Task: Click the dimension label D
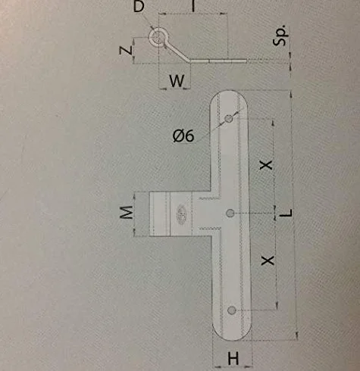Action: [139, 6]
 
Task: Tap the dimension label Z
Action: [126, 51]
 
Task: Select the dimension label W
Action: [177, 81]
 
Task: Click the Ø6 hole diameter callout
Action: [183, 136]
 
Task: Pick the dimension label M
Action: [126, 212]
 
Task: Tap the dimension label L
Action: [286, 214]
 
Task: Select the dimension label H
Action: [233, 359]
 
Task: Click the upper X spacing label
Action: [266, 165]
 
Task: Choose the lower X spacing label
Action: [268, 260]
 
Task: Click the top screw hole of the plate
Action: [229, 118]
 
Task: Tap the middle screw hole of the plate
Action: [230, 214]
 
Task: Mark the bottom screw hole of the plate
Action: [232, 310]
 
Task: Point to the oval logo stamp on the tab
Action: [181, 211]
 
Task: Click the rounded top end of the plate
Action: [229, 94]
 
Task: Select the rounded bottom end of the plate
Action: [232, 337]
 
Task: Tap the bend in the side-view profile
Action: [189, 60]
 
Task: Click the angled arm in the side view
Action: [177, 51]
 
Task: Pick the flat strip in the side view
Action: [218, 61]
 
